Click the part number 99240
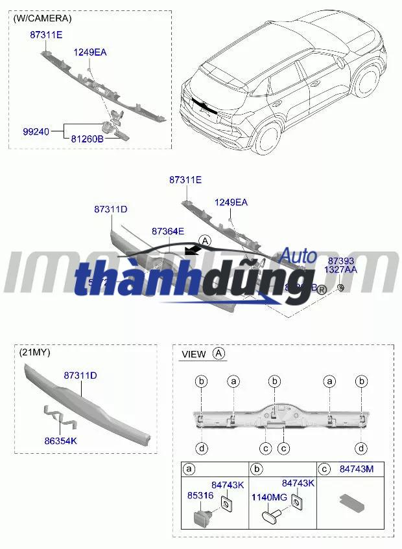pyautogui.click(x=36, y=131)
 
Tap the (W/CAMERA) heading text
pyautogui.click(x=42, y=19)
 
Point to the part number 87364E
pyautogui.click(x=168, y=231)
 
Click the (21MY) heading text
pyautogui.click(x=35, y=352)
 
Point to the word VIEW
pyautogui.click(x=194, y=354)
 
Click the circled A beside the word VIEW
pyautogui.click(x=219, y=353)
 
